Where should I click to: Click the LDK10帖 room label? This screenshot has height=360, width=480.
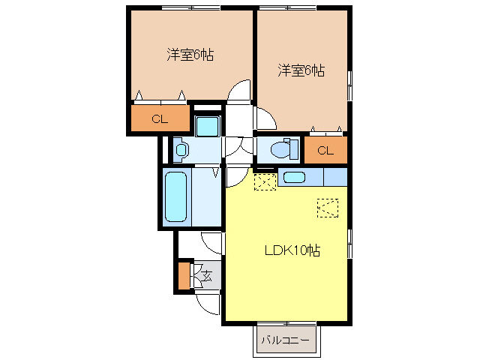(x=292, y=250)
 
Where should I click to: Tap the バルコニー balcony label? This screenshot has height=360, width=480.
(x=285, y=340)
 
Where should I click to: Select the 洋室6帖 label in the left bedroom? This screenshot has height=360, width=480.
(x=190, y=55)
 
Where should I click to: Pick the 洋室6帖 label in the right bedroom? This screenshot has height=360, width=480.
(x=301, y=70)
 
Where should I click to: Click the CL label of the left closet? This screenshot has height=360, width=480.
(x=160, y=118)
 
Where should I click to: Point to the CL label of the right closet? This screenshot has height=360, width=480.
(x=325, y=150)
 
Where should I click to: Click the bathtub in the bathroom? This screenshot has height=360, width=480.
(x=175, y=196)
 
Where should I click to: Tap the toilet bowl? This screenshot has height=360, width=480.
(x=284, y=149)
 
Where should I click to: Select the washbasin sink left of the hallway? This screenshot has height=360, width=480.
(x=181, y=150)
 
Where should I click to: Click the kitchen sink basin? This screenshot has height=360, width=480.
(x=294, y=177)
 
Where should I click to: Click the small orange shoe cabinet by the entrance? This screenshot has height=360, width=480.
(x=184, y=275)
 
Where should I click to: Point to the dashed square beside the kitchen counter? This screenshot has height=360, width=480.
(x=265, y=181)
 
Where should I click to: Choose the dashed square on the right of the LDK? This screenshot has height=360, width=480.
(x=328, y=208)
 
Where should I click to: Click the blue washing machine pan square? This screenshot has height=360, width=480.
(x=208, y=126)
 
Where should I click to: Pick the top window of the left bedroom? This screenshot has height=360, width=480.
(x=191, y=8)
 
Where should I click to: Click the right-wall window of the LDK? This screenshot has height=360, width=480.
(x=350, y=244)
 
